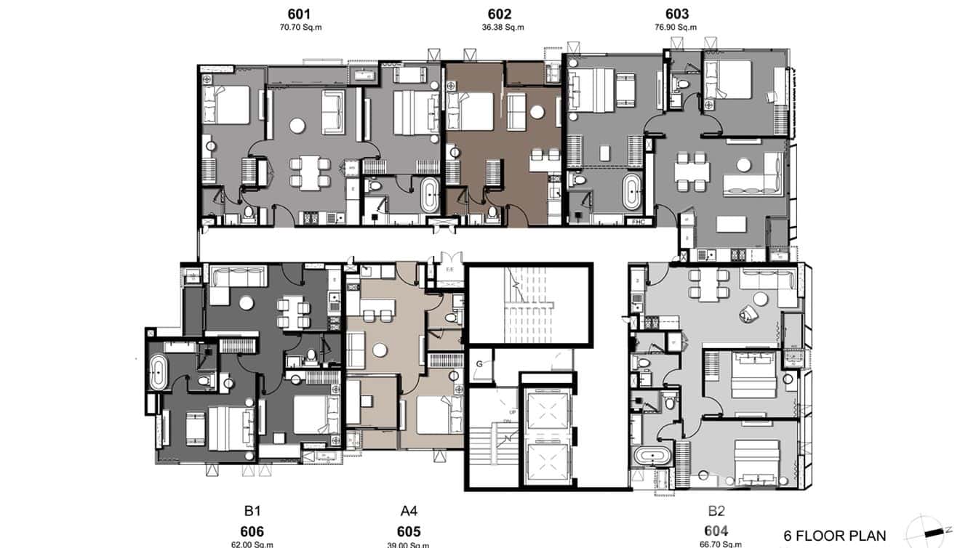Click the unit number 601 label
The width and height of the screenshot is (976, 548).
pos(299,14)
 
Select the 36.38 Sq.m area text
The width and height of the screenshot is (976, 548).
pos(499,28)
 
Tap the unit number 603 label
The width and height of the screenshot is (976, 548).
pos(676,14)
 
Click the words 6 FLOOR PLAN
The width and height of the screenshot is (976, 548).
pos(834,536)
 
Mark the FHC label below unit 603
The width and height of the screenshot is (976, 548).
pos(639,221)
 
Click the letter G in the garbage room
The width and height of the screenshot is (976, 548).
pos(479,363)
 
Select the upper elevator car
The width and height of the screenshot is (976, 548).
pos(545,411)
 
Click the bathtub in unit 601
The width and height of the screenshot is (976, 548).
pos(429,196)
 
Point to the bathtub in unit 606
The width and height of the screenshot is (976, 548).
pos(156,373)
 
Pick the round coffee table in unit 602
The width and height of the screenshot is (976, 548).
pos(537,112)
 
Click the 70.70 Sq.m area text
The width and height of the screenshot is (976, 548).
pos(299,28)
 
